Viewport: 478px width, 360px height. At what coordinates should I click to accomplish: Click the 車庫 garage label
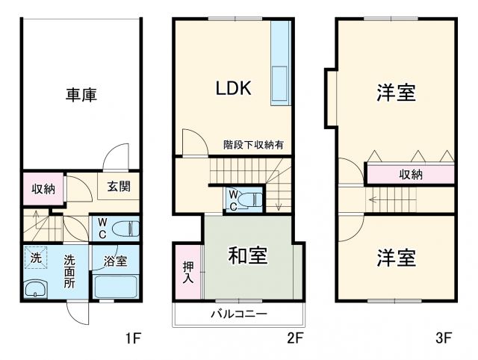tap(81, 95)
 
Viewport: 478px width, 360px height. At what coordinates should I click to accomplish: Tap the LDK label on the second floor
tap(233, 88)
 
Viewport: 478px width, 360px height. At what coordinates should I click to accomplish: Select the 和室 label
tap(247, 256)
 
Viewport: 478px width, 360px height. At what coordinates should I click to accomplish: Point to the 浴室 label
tap(114, 261)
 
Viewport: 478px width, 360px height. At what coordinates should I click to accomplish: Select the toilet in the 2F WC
tap(254, 199)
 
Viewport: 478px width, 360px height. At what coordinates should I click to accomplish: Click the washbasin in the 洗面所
tap(34, 288)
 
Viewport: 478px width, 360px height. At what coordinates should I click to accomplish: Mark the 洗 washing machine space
tap(34, 258)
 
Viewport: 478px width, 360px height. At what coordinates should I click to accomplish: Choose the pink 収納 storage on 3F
tap(410, 174)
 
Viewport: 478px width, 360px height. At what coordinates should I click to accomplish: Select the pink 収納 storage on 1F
tap(43, 189)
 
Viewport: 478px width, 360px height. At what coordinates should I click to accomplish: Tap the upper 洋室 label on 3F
tap(396, 95)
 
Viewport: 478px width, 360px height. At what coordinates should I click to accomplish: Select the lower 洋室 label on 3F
tap(396, 259)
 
